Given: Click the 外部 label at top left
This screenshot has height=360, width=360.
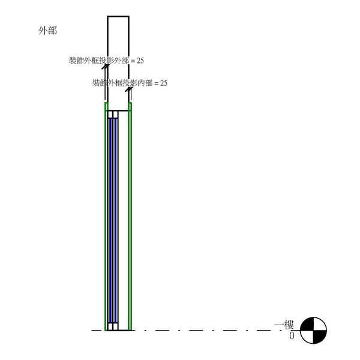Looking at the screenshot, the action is [47, 31].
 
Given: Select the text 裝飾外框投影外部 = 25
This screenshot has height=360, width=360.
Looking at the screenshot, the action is [106, 61].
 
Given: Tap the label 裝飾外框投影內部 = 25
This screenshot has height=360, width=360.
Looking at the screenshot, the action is [130, 83].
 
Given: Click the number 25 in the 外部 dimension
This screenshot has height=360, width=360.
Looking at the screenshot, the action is [140, 61].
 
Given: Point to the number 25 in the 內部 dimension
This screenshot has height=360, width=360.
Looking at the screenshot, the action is [164, 83].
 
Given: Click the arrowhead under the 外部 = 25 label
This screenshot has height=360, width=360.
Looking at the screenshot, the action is [106, 67].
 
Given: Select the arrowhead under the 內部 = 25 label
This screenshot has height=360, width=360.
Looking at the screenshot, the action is [129, 89].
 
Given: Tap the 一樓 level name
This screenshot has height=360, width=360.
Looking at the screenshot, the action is [284, 325].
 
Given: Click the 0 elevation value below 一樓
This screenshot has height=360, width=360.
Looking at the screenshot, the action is [292, 336].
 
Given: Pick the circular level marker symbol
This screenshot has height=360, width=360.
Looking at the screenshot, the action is [313, 331].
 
